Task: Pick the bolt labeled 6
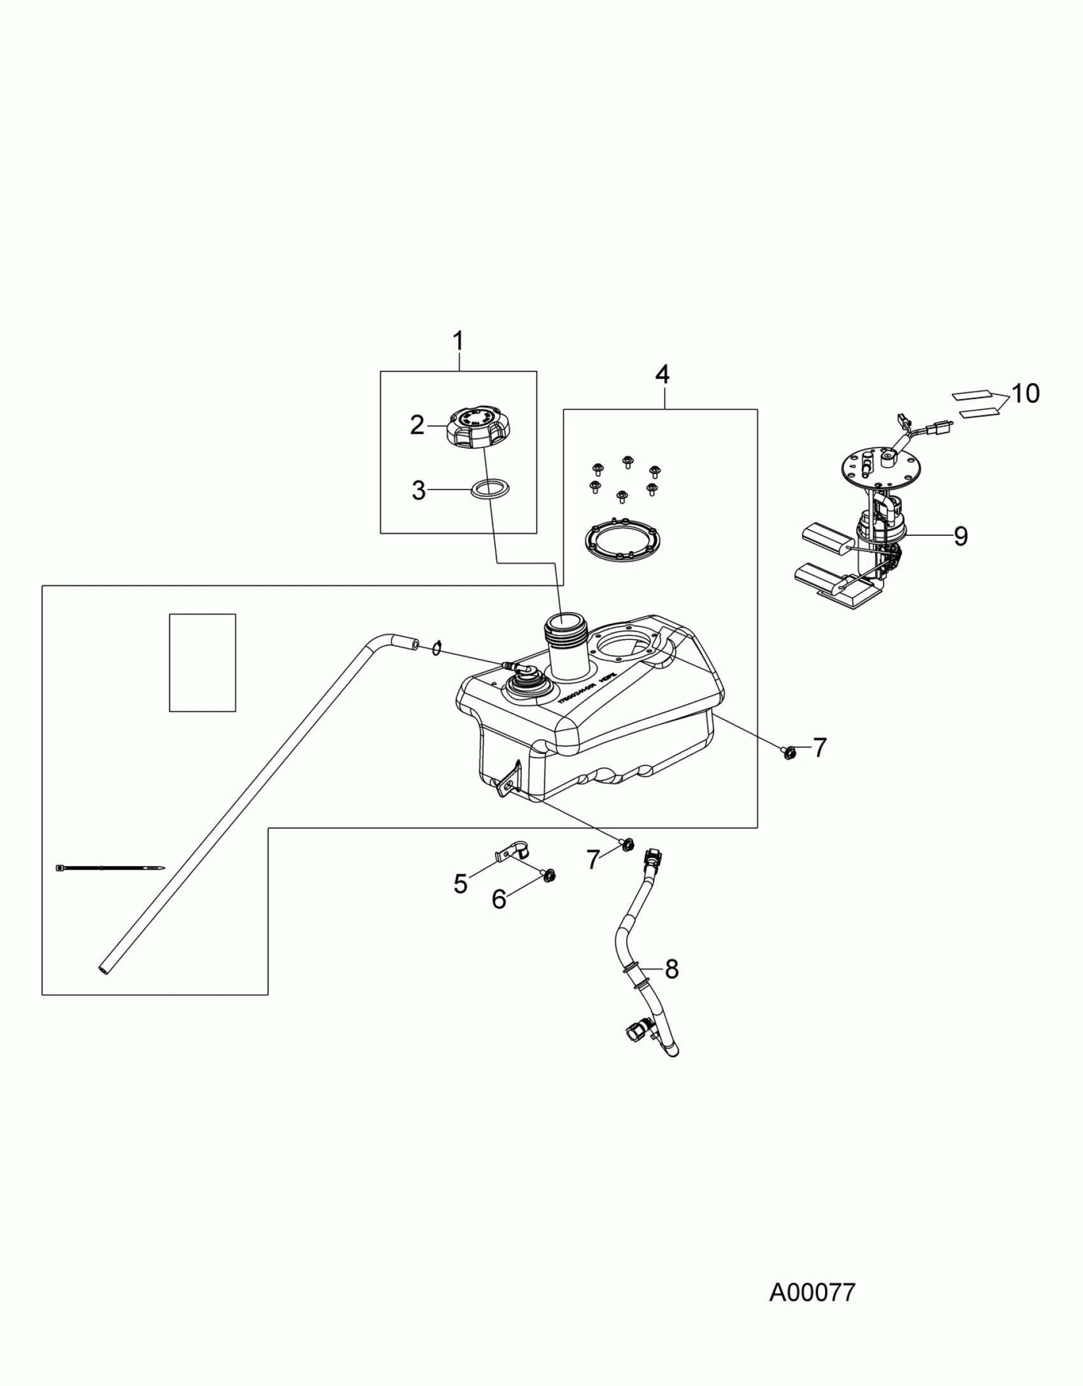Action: tap(548, 876)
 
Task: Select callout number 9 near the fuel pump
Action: tap(961, 536)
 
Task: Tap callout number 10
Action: tap(1025, 394)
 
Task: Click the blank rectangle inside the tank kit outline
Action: tap(202, 662)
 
